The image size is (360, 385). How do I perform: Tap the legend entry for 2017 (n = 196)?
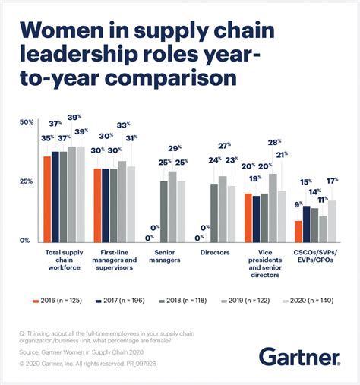coord(125,301)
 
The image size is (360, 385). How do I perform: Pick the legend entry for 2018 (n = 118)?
coord(185,301)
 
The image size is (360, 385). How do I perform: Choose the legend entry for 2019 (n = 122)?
coord(246,301)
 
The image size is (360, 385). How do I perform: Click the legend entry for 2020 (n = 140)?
coord(307,301)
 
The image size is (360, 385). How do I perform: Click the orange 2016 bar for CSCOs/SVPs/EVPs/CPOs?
coord(298,231)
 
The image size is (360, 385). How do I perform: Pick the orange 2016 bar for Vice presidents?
coord(248,217)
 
